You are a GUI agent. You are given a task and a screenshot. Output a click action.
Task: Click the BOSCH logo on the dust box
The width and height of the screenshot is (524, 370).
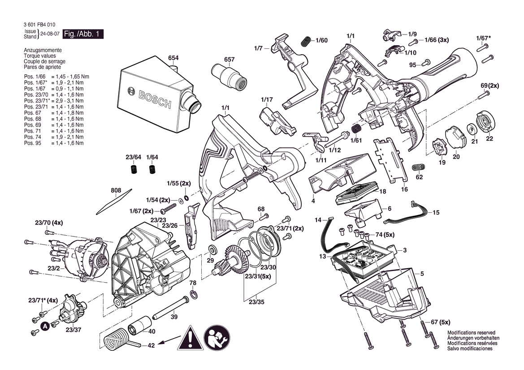tap(149, 97)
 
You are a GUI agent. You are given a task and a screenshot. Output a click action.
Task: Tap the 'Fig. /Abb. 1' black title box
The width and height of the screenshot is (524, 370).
tap(83, 34)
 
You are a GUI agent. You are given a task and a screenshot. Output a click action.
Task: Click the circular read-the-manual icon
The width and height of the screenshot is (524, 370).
tap(217, 338)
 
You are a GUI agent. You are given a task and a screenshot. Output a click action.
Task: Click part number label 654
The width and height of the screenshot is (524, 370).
tap(173, 58)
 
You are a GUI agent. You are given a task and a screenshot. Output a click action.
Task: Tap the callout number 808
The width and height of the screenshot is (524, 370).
tap(116, 191)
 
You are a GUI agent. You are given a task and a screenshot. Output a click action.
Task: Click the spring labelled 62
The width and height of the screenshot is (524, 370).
tap(419, 168)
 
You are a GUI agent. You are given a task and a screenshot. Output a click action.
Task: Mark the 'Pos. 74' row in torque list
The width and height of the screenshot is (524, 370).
tap(54, 137)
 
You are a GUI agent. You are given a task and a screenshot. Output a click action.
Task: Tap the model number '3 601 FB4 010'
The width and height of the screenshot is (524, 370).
tap(39, 25)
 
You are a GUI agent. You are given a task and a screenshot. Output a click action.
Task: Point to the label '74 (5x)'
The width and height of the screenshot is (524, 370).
tap(385, 235)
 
